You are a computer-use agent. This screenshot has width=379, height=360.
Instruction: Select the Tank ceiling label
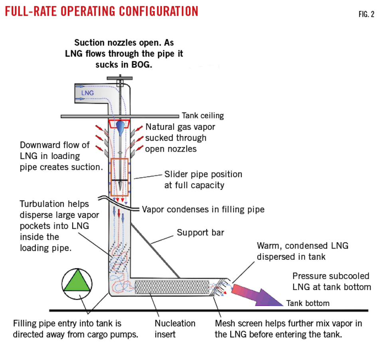pyautogui.click(x=203, y=116)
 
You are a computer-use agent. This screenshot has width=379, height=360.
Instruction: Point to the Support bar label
pyautogui.click(x=200, y=232)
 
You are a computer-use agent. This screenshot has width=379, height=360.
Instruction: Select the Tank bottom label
pyautogui.click(x=308, y=303)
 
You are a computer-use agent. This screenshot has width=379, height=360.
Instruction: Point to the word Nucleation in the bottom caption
pyautogui.click(x=175, y=323)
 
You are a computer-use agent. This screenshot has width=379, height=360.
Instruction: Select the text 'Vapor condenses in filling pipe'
pyautogui.click(x=203, y=209)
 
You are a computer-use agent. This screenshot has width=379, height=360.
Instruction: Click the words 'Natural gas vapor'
pyautogui.click(x=180, y=127)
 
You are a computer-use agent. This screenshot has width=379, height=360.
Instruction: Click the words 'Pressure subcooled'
pyautogui.click(x=331, y=276)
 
